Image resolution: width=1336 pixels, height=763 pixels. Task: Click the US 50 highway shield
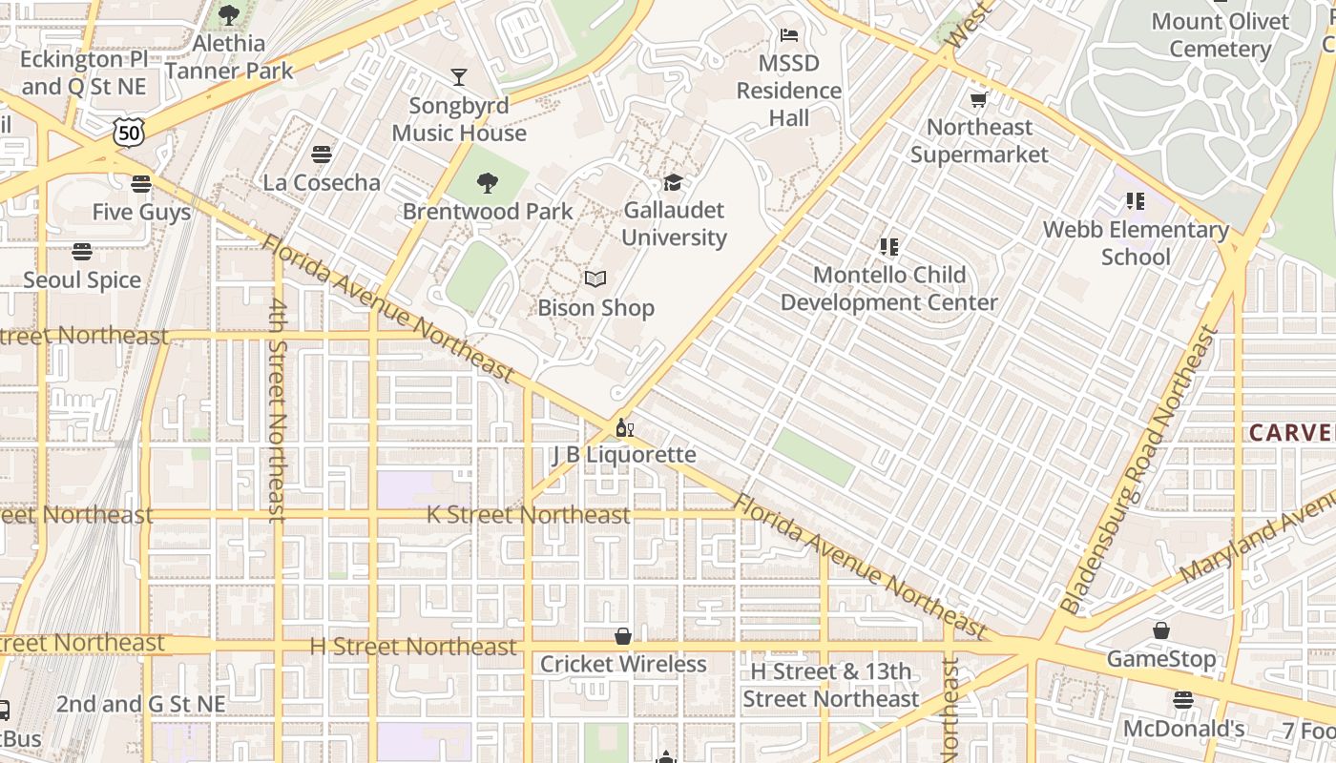(128, 133)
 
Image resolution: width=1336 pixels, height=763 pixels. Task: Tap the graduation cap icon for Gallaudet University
(674, 182)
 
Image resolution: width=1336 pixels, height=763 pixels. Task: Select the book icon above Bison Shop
(595, 279)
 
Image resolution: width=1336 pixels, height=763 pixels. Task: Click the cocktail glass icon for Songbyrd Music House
(459, 77)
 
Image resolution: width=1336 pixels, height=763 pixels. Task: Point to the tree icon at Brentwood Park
(488, 183)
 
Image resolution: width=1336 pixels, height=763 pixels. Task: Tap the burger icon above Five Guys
(141, 184)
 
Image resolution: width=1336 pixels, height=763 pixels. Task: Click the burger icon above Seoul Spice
(82, 252)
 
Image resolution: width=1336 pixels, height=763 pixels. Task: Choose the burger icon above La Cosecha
(322, 155)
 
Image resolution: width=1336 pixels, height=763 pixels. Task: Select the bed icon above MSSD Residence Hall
(789, 35)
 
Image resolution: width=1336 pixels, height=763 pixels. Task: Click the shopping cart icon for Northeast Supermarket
(978, 99)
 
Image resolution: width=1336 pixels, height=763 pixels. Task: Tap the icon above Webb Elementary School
(1135, 201)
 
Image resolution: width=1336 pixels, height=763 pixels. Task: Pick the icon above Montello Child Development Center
(889, 247)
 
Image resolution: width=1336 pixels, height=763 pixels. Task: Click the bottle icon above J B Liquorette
(624, 427)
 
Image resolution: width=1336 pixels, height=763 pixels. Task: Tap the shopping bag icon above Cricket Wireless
(623, 636)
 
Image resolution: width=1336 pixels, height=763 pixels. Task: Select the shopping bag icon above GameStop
(1161, 630)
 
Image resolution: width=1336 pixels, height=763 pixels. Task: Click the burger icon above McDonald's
(1183, 701)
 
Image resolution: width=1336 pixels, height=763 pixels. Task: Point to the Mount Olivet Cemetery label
(1220, 35)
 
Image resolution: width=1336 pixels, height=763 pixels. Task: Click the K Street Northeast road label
(528, 515)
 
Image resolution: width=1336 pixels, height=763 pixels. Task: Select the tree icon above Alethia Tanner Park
(229, 15)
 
